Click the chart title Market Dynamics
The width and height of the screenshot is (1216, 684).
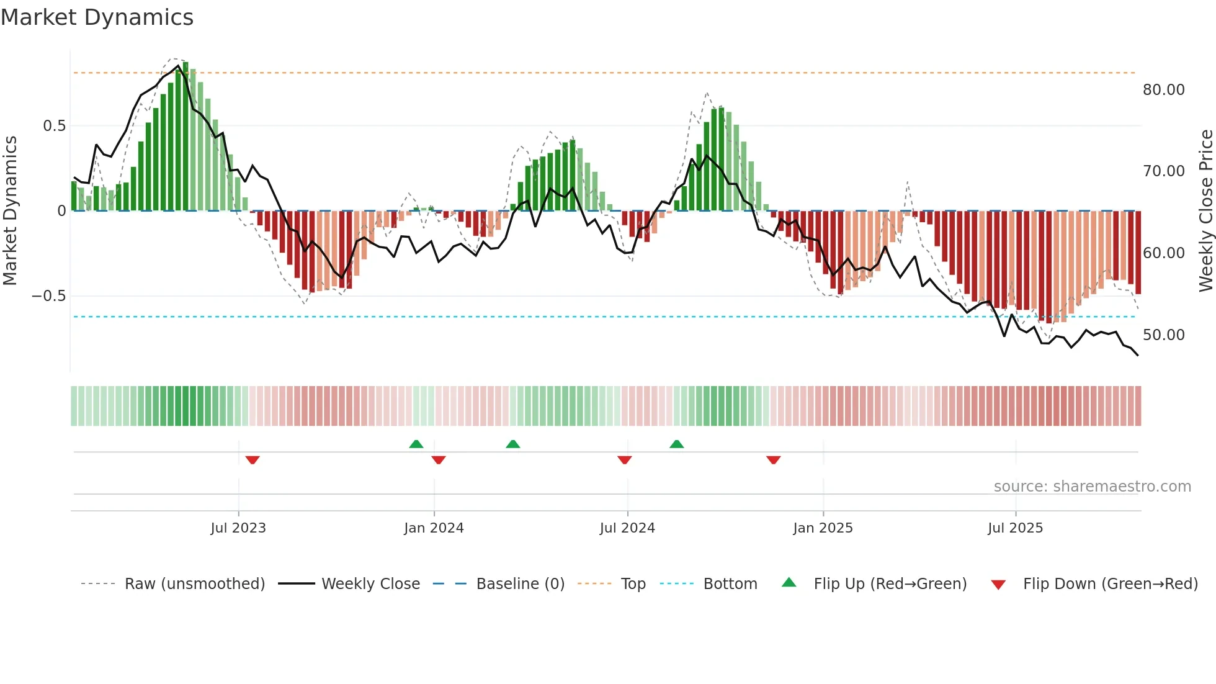tap(97, 17)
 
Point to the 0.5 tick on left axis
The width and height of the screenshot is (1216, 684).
tap(54, 126)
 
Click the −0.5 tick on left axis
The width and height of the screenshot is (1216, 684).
tap(49, 296)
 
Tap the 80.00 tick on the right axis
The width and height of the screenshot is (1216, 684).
tap(1163, 90)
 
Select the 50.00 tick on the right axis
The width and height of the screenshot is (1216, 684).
tap(1163, 335)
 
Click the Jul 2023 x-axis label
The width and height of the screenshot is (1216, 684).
tap(238, 528)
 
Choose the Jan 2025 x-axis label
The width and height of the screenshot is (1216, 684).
tap(823, 528)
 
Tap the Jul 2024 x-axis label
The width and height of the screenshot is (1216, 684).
tap(627, 528)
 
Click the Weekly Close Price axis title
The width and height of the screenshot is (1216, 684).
tap(1205, 210)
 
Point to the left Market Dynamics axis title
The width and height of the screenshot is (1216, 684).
tap(10, 210)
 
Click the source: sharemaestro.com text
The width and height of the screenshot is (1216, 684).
tap(1092, 487)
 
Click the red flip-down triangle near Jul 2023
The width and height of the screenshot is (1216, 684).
tap(253, 460)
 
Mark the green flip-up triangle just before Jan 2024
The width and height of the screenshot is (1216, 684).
tap(416, 444)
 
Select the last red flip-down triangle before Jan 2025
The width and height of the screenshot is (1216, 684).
tap(773, 460)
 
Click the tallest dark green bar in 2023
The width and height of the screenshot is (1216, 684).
tap(186, 137)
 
